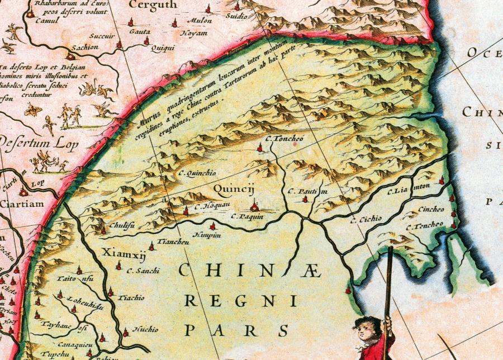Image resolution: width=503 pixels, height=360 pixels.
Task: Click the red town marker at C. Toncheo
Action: (260, 148)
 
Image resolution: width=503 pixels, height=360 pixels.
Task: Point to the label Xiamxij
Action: (116, 253)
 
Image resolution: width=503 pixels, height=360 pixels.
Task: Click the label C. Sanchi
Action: (143, 271)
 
